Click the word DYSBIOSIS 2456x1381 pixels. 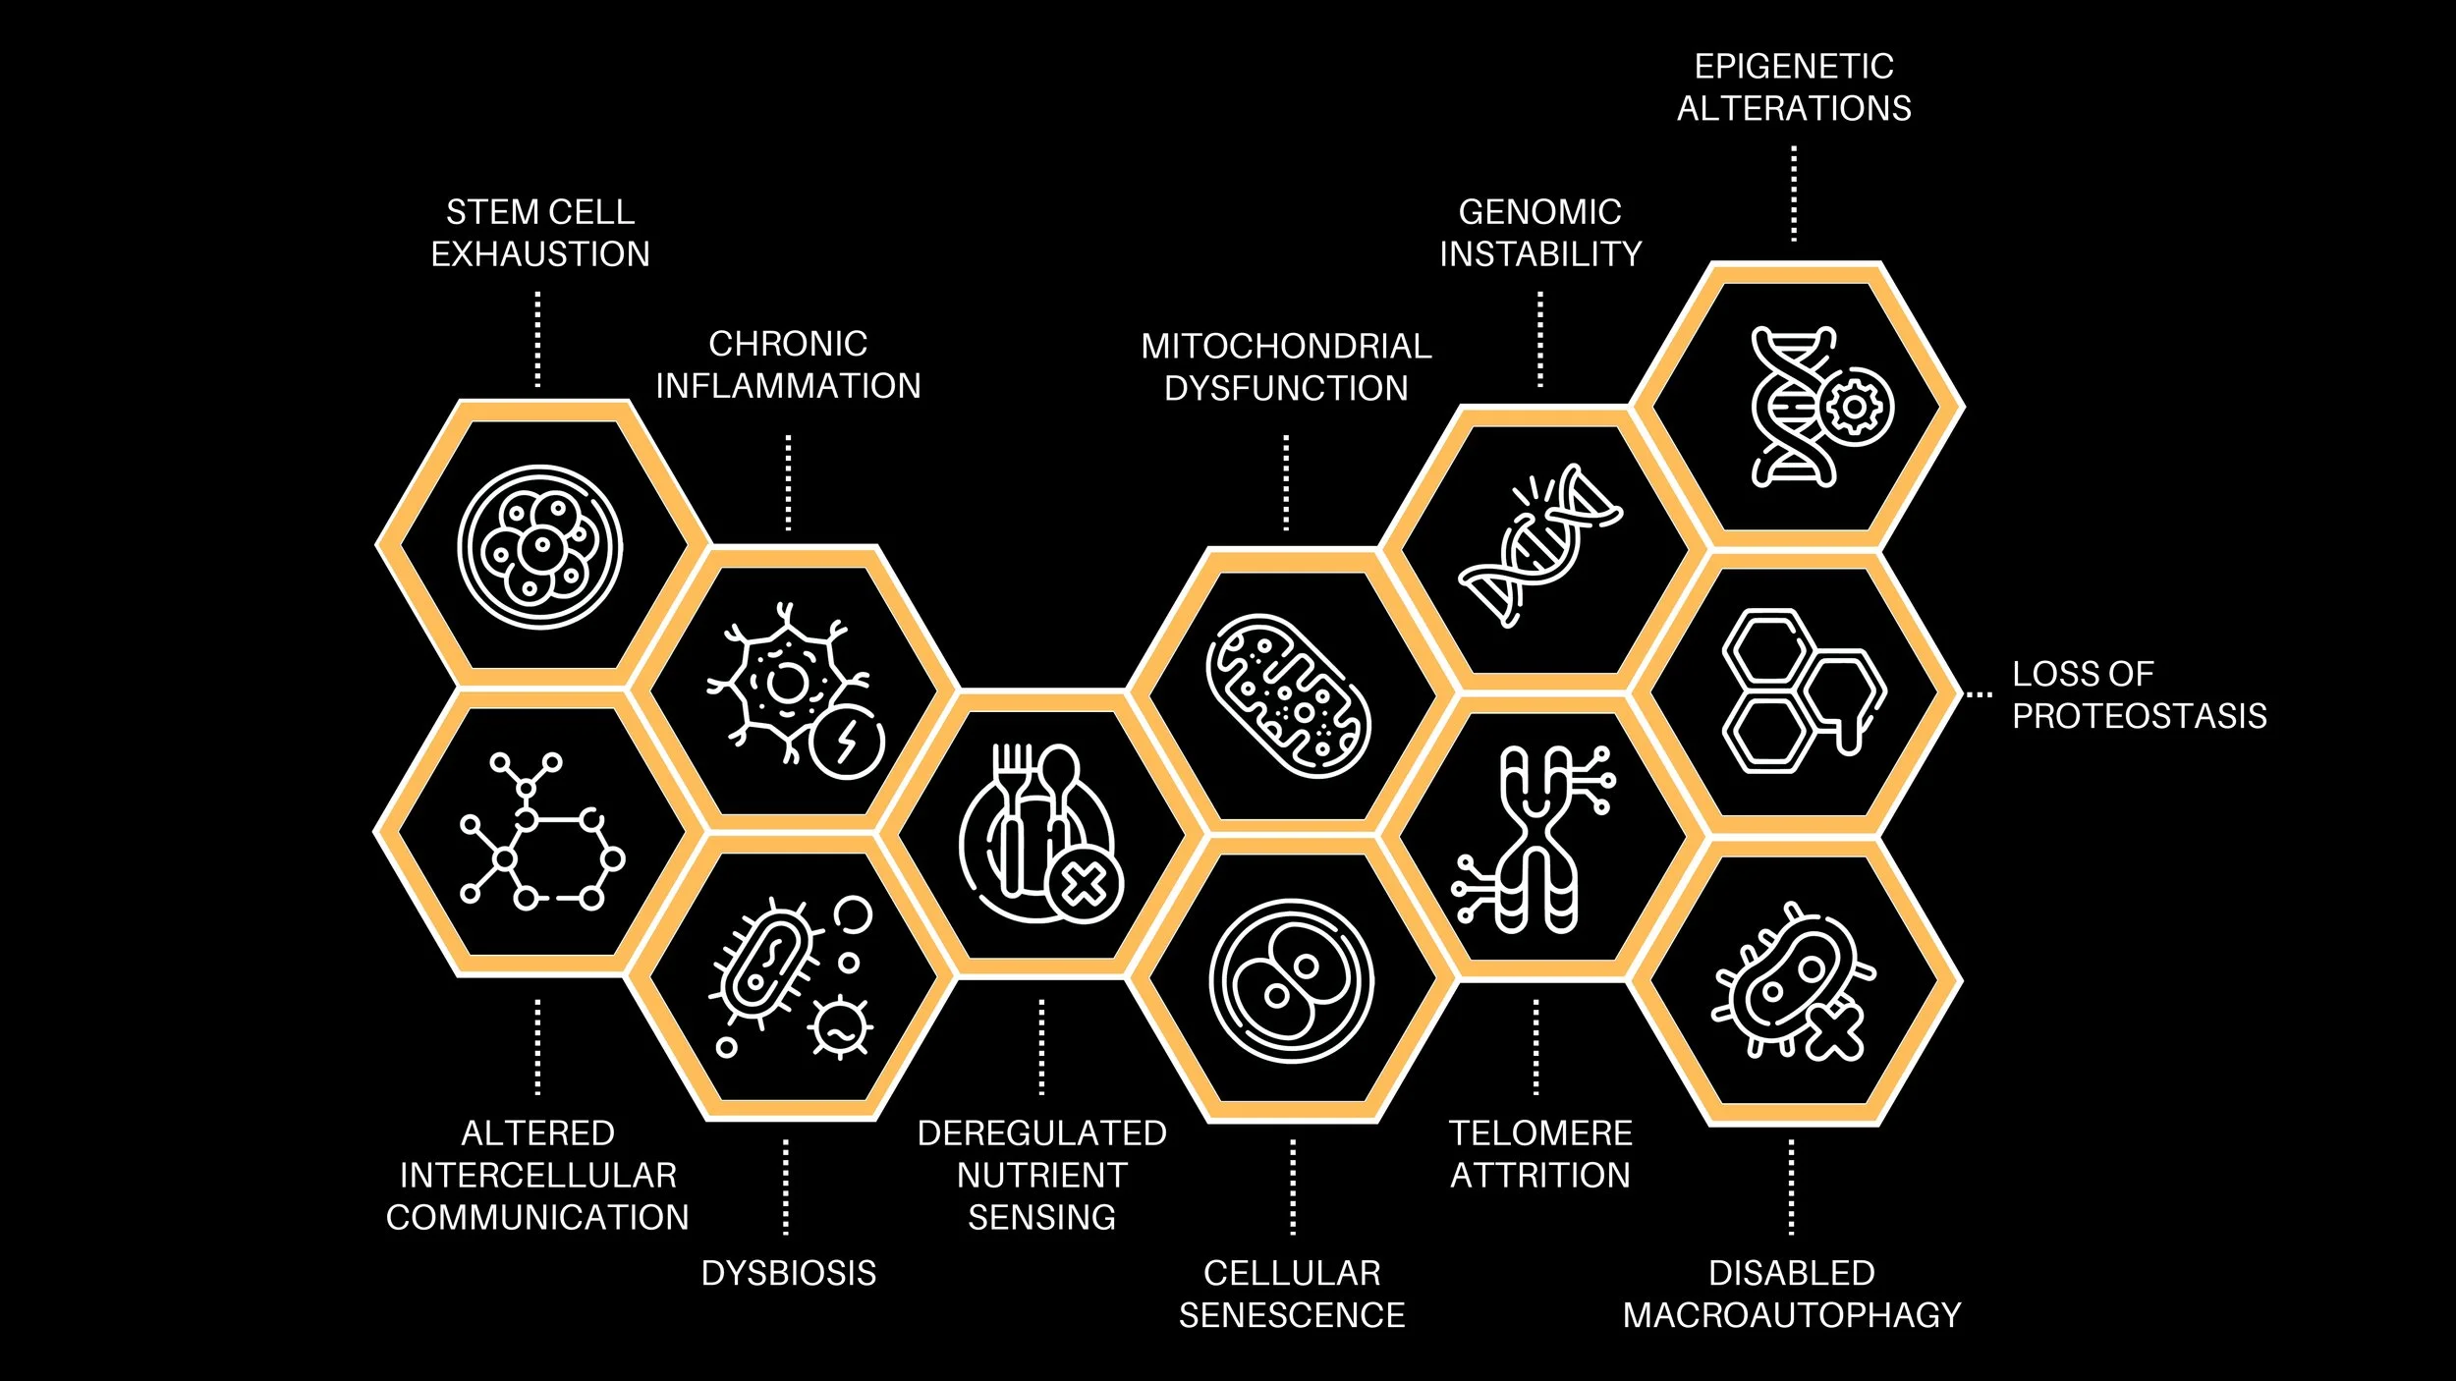pos(788,1273)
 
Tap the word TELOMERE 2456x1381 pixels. pos(1540,1133)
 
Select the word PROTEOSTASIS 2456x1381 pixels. pos(2139,716)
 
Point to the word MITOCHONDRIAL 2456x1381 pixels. pos(1286,347)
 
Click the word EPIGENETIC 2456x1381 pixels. pos(1794,67)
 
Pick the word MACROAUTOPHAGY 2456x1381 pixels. pos(1792,1315)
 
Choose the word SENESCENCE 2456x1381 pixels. pos(1292,1315)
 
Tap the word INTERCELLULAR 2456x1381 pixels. pos(538,1176)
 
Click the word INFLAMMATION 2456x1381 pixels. pos(788,386)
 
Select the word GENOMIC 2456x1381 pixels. pos(1539,212)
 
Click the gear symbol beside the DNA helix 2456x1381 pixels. pos(1854,407)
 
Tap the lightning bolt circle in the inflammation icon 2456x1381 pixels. pos(847,742)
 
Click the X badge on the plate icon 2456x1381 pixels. pos(1085,886)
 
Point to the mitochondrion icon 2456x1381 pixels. pos(1288,695)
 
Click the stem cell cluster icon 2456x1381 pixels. pos(539,547)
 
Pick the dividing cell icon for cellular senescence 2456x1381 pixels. pos(1291,980)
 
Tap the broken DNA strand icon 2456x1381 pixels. pos(1539,545)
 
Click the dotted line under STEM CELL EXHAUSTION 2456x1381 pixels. pos(537,340)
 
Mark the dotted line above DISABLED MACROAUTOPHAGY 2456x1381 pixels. pos(1791,1187)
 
